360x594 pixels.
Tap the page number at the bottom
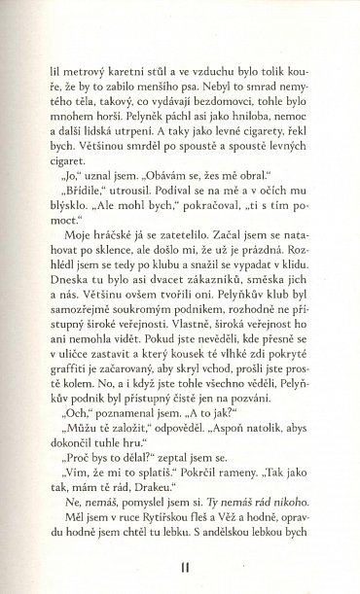pyautogui.click(x=179, y=566)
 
